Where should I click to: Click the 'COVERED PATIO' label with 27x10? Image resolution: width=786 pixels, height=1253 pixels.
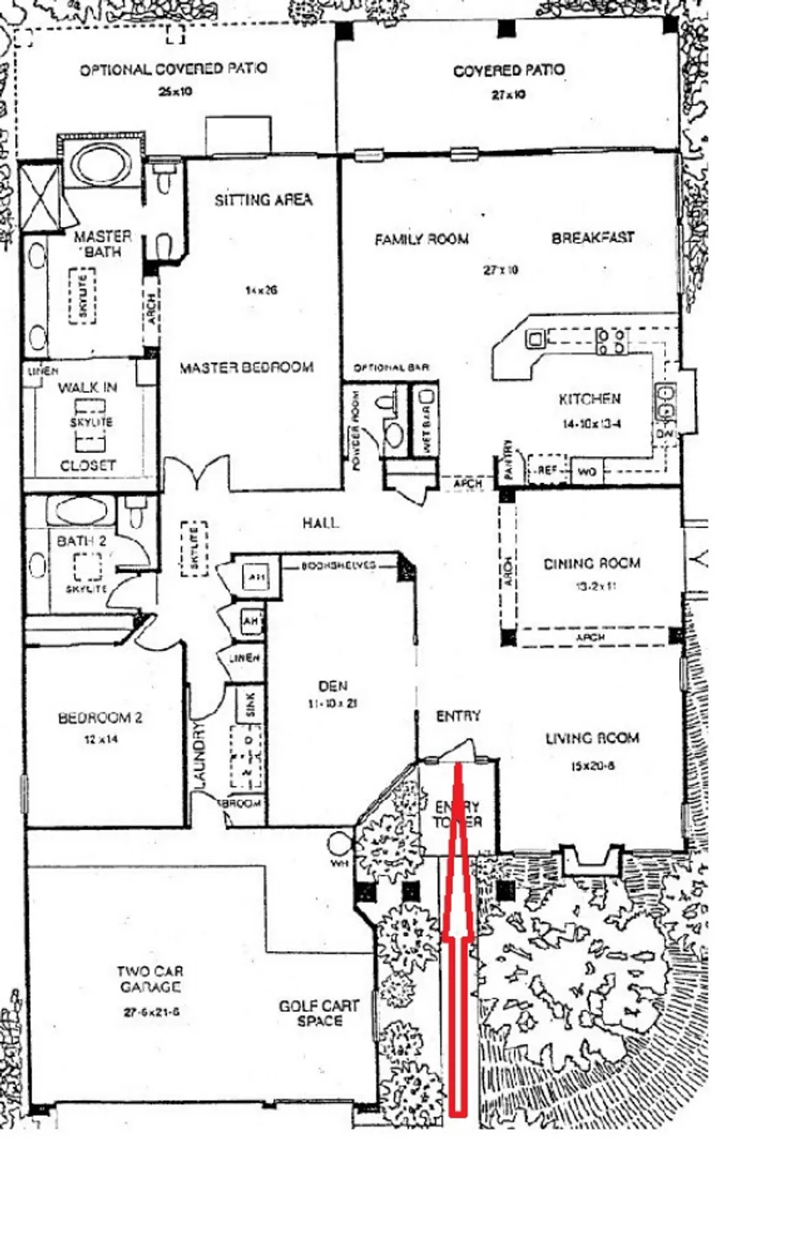508,71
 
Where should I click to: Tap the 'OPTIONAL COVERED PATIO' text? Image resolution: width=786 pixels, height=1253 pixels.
174,69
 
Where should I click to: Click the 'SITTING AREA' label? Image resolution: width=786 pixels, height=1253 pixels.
263,200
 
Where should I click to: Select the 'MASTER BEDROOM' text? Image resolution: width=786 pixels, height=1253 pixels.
246,368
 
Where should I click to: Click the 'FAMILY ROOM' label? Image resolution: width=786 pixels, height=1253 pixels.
421,240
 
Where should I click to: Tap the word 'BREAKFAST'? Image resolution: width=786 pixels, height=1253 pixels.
592,238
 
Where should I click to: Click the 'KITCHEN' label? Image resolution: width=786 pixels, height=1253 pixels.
590,399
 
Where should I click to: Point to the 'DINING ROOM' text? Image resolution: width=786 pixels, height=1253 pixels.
591,564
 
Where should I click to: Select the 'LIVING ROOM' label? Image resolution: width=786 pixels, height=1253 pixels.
592,738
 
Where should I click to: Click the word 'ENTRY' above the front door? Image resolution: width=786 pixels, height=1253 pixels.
458,716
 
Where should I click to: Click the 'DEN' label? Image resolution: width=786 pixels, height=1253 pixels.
332,686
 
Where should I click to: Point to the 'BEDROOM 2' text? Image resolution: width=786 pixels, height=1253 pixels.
100,718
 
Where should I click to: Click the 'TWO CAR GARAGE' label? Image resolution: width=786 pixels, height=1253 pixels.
150,979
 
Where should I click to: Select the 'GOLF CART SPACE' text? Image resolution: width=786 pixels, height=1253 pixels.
319,1013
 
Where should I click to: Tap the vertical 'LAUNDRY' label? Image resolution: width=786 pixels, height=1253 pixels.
200,753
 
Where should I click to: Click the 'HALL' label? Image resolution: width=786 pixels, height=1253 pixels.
321,523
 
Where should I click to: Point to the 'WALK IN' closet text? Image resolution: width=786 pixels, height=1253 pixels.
88,388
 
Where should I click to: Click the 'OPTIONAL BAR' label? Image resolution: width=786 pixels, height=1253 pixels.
391,368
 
